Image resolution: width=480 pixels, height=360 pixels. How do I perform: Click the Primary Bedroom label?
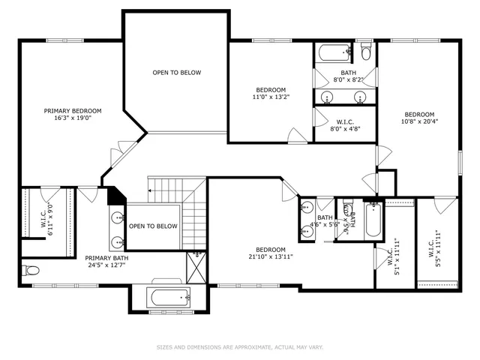tap(72, 110)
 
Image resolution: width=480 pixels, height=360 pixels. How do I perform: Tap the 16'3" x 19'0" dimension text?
tap(72, 118)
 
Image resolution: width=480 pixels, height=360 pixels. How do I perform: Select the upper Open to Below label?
tap(176, 73)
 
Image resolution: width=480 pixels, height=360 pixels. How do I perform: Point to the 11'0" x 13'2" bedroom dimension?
tap(270, 96)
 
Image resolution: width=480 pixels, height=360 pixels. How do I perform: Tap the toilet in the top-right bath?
tap(365, 52)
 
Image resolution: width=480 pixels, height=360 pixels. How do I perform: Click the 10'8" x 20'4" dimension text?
tap(418, 121)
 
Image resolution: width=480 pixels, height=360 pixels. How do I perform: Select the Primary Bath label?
tap(106, 257)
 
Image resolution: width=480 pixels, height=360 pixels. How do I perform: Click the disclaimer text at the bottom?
tap(240, 346)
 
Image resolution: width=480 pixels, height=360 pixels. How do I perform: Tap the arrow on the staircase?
tap(151, 191)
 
